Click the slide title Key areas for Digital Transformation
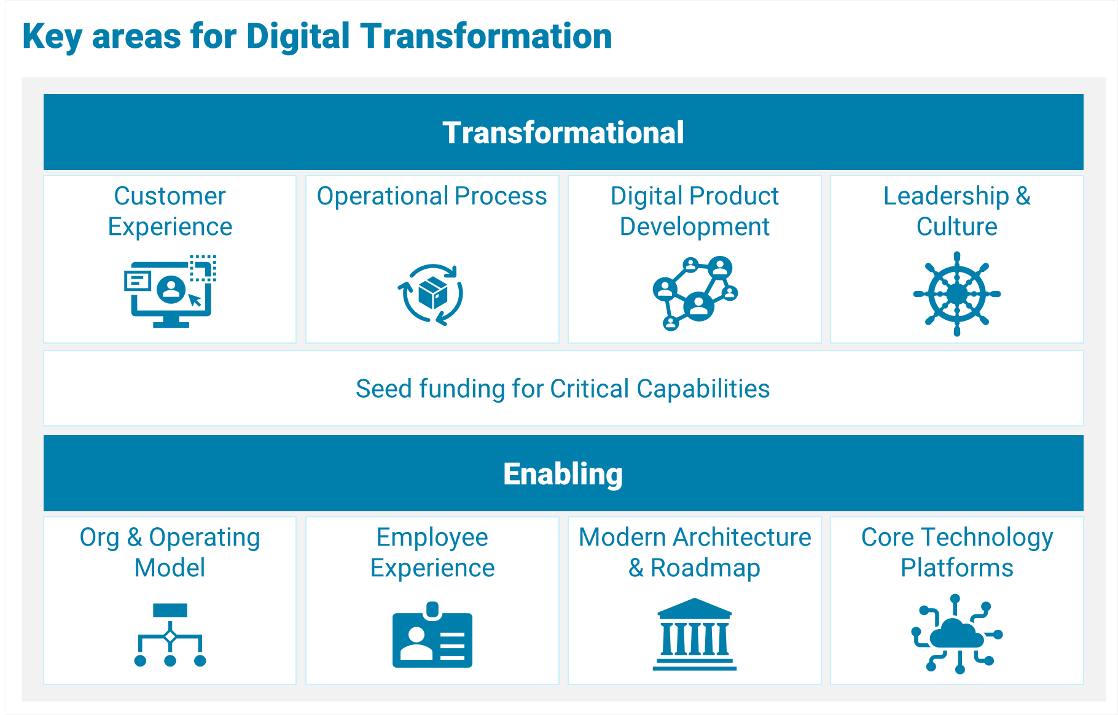coord(317,36)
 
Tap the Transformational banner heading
coord(563,133)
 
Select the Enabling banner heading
coord(563,474)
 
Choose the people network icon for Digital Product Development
coord(695,293)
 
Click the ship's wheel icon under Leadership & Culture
coord(957,294)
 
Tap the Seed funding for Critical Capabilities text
coord(563,388)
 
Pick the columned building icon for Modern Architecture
coord(695,634)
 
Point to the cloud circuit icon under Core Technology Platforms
coord(957,634)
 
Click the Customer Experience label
coord(170,211)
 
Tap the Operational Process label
coord(432,196)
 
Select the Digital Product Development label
coord(695,211)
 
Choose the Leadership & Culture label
coord(957,211)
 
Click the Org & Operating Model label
coord(170,552)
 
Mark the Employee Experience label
coord(432,552)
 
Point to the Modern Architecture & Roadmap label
coord(695,552)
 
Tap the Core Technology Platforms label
coord(957,552)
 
